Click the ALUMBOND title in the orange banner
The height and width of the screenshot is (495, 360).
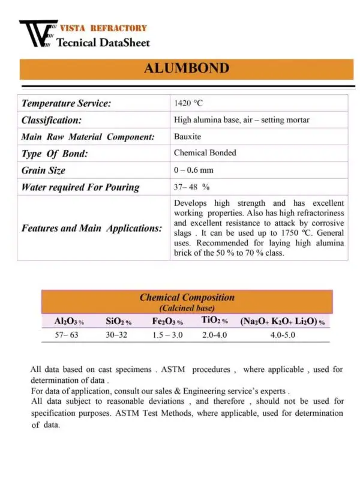[x=186, y=68]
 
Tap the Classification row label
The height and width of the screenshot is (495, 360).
[x=52, y=120]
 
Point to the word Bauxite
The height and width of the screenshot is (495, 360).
[x=188, y=137]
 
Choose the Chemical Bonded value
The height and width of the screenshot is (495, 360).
[x=205, y=153]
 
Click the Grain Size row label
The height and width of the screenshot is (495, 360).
[x=43, y=170]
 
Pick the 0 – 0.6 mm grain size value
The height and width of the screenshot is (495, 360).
[x=194, y=170]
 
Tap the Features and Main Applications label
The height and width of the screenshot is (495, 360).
[x=92, y=229]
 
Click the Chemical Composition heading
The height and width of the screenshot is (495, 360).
[x=187, y=298]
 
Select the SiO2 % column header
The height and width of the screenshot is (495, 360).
[x=118, y=322]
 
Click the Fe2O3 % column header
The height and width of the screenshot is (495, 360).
[x=167, y=322]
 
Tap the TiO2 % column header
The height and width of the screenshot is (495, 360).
[x=214, y=321]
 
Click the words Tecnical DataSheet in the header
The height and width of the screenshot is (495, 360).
[x=103, y=43]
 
